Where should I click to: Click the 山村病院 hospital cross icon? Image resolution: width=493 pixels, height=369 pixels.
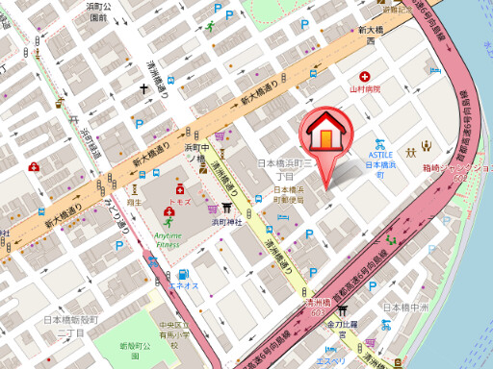[365, 76]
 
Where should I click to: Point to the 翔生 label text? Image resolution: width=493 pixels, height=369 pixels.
[135, 202]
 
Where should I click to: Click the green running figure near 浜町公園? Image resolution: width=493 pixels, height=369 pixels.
[209, 27]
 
